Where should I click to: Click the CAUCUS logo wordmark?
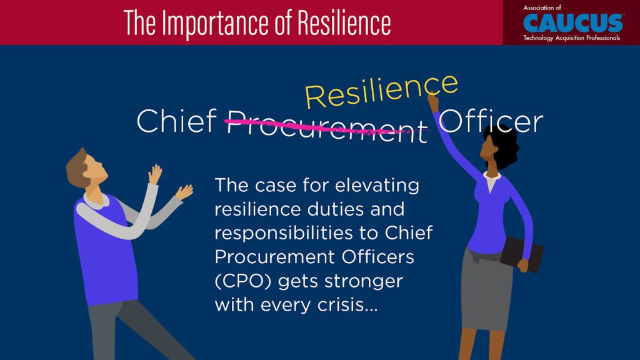point(573,23)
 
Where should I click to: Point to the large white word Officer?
point(491,121)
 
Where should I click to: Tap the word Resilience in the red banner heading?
point(344,22)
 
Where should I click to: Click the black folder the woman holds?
point(522,254)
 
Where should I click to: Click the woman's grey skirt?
point(486,289)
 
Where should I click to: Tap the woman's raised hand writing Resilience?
point(432,102)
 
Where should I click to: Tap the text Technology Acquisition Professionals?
point(571,38)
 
